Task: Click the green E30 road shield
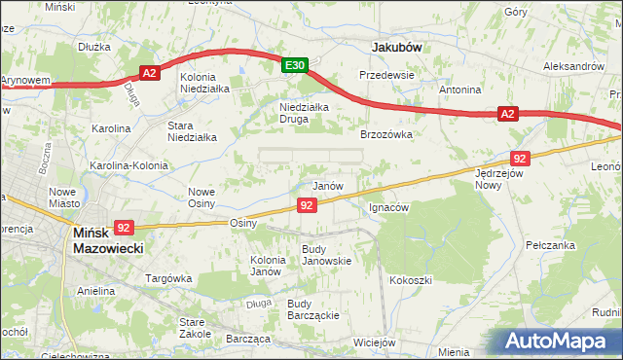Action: (x=296, y=65)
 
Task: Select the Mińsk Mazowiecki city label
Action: (x=108, y=241)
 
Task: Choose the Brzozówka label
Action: (x=387, y=135)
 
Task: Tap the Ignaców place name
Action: (x=388, y=207)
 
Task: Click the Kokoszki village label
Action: (x=410, y=280)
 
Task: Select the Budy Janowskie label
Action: (x=326, y=255)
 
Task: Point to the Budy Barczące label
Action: (x=312, y=309)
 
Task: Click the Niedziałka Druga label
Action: (x=307, y=114)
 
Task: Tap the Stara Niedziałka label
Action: (x=192, y=131)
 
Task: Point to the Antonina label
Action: (x=460, y=90)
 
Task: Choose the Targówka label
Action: (x=166, y=278)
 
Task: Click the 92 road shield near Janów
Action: (x=307, y=205)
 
